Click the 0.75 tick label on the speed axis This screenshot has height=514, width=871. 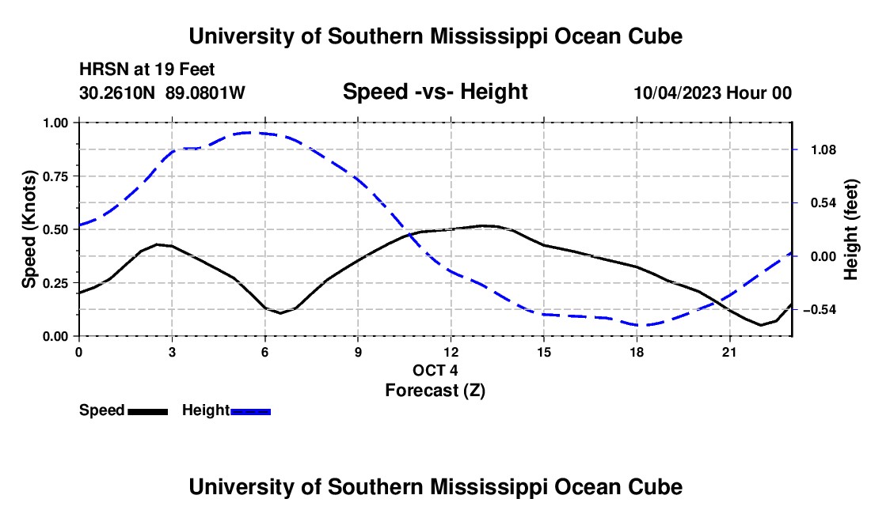pyautogui.click(x=55, y=176)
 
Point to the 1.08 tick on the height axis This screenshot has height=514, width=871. pyautogui.click(x=823, y=149)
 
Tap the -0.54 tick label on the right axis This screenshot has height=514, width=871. pyautogui.click(x=820, y=309)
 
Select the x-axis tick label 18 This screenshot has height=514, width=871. pyautogui.click(x=637, y=352)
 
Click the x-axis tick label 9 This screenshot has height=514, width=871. pyautogui.click(x=358, y=352)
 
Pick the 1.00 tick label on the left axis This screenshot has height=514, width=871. pyautogui.click(x=55, y=123)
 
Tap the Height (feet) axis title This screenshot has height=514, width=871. pyautogui.click(x=851, y=229)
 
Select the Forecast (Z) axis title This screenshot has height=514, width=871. pyautogui.click(x=435, y=391)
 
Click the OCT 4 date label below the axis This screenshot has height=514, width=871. pyautogui.click(x=435, y=370)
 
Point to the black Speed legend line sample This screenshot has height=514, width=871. pyautogui.click(x=148, y=411)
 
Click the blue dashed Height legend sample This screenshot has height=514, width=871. pyautogui.click(x=250, y=411)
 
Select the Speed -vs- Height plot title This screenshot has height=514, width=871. pyautogui.click(x=435, y=92)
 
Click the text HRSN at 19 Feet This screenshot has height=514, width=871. pyautogui.click(x=146, y=70)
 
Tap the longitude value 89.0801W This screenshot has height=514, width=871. pyautogui.click(x=205, y=93)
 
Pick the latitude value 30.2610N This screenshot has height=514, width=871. pyautogui.click(x=117, y=93)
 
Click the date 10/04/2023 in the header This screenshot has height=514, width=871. pyautogui.click(x=678, y=93)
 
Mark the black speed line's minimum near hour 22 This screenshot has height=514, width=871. pyautogui.click(x=760, y=325)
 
